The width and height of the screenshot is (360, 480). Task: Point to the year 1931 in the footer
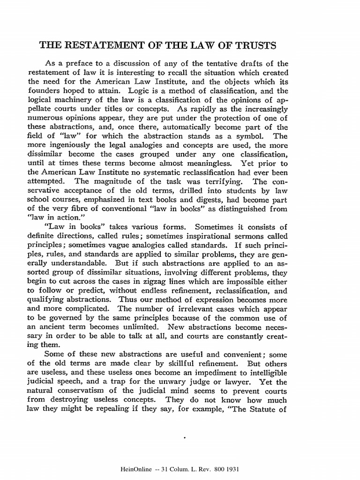(233, 468)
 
